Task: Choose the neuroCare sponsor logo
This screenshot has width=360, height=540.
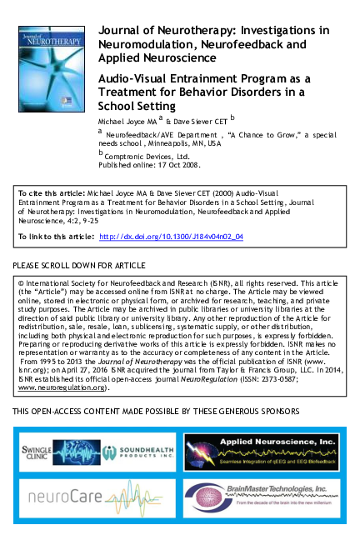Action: point(96,499)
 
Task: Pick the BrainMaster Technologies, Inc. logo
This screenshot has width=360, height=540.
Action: point(262,499)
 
